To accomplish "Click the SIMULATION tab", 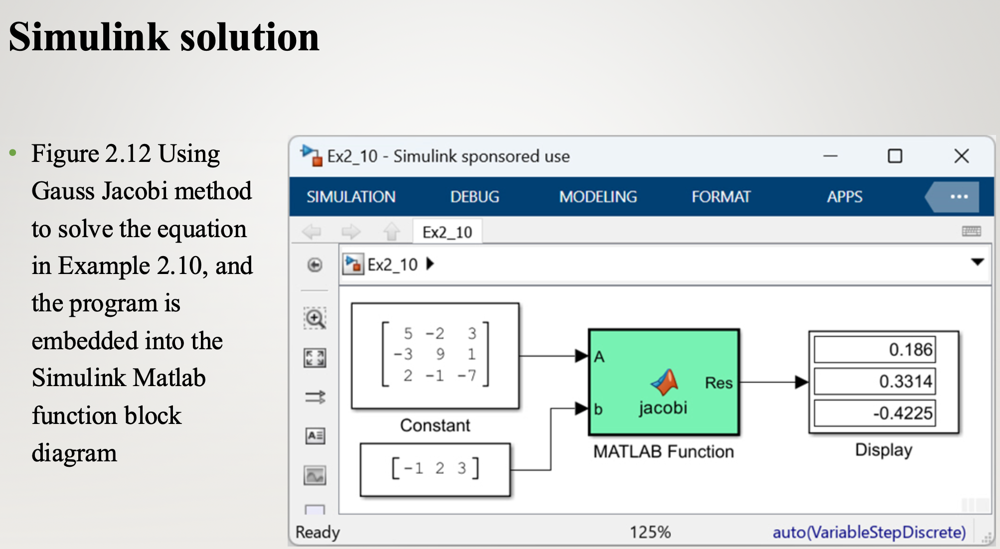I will pos(351,197).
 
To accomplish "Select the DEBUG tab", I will pos(475,197).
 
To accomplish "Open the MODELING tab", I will pos(598,197).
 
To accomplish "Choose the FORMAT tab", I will pos(721,197).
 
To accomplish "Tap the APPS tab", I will pos(844,197).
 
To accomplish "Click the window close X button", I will pos(961,156).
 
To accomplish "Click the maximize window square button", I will pos(895,156).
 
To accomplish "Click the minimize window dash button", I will pos(830,156).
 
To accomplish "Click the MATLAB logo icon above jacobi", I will pos(665,382).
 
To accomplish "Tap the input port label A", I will pos(599,357).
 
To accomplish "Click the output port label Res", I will pos(718,383).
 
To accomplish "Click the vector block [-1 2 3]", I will pos(435,469).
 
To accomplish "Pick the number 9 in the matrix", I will pos(440,354).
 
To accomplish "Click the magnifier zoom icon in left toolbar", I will pos(315,318).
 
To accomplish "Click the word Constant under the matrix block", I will pos(435,425).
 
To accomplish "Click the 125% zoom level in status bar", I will pos(650,532).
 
